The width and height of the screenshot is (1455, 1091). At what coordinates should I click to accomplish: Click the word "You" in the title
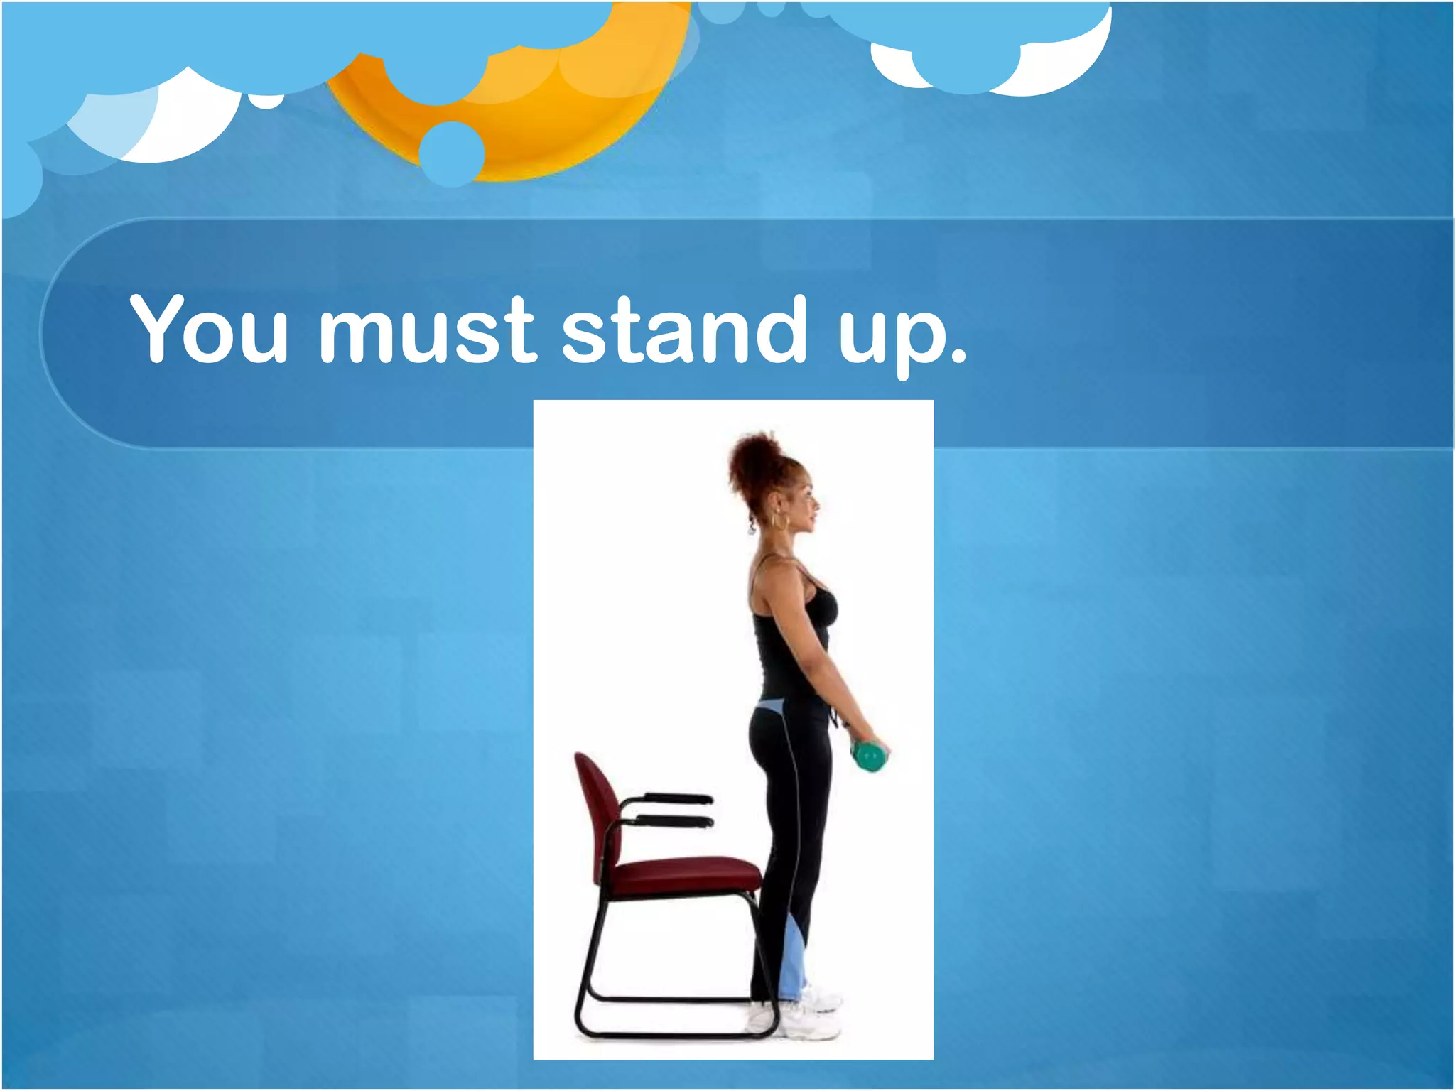210,328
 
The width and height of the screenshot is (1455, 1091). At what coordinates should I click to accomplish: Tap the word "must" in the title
425,328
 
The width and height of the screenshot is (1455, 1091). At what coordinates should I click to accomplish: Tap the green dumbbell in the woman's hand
869,756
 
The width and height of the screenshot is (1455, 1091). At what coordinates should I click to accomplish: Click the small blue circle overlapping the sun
451,153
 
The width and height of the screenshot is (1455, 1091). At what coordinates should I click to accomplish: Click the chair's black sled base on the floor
668,1034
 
